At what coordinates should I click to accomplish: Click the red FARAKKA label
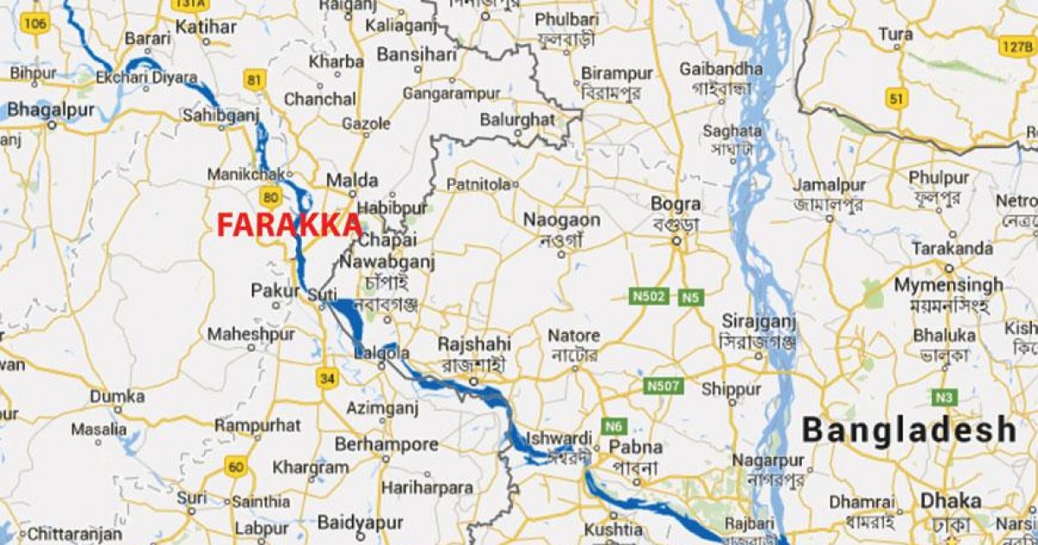(289, 225)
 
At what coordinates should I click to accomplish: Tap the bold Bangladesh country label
(908, 429)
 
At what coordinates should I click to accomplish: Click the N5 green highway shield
(689, 298)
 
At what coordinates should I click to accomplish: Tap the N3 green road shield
(945, 397)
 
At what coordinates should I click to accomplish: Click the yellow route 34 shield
(327, 378)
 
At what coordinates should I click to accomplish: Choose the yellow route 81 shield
(254, 81)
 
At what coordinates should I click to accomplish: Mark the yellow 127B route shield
(1015, 46)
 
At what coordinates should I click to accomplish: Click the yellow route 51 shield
(895, 99)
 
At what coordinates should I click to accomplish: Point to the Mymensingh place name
(948, 285)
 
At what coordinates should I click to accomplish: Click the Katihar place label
(206, 27)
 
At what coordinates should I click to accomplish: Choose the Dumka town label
(118, 396)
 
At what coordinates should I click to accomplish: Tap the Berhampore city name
(387, 444)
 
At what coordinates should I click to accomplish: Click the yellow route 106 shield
(34, 22)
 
